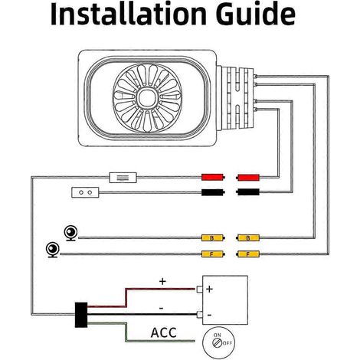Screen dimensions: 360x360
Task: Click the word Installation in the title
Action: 128,14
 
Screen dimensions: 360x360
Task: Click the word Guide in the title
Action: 256,14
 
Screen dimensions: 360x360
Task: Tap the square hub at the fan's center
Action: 147,98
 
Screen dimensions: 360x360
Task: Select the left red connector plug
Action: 213,177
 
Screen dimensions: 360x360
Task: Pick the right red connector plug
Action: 248,177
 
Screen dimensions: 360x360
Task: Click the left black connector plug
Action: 213,192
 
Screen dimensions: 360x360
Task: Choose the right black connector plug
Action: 248,192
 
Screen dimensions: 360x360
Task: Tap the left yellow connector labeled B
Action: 213,238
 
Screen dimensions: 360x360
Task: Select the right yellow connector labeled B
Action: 248,238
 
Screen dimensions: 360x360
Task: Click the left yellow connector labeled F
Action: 213,254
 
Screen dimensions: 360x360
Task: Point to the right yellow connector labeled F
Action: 248,254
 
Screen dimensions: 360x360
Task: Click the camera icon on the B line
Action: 70,234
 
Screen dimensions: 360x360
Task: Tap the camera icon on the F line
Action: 53,250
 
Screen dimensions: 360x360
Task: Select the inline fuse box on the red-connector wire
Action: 123,178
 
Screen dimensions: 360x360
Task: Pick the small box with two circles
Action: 85,192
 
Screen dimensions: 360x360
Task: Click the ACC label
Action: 164,332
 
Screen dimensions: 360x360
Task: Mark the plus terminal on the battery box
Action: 199,290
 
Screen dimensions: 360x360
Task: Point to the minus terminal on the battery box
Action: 199,315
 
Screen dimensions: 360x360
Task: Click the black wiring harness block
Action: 81,315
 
